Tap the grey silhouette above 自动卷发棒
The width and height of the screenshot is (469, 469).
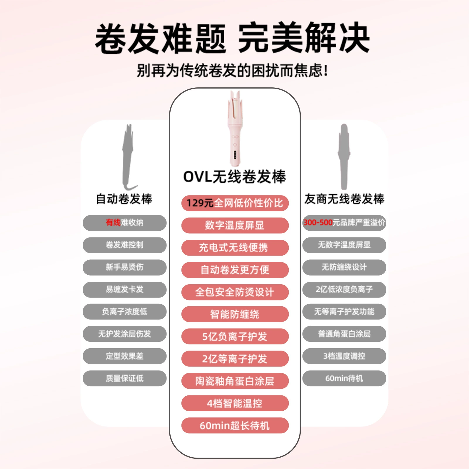point(128,157)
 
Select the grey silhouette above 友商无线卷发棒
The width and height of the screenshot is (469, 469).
point(344,157)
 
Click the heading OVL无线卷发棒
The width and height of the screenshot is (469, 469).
point(235,177)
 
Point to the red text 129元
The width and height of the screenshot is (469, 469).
point(200,203)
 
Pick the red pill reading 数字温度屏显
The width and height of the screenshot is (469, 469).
point(235,225)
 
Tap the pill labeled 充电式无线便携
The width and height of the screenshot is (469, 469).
point(235,248)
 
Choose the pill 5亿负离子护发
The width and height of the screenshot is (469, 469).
point(235,337)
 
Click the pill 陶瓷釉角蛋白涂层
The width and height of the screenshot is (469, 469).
point(235,381)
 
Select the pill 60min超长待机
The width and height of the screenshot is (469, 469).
point(235,426)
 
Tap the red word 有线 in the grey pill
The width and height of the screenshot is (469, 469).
point(113,223)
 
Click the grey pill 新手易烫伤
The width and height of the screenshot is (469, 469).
point(125,267)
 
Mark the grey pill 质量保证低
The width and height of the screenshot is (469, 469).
point(125,378)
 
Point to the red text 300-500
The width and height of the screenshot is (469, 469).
point(318,222)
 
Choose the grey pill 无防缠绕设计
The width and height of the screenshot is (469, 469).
point(344,267)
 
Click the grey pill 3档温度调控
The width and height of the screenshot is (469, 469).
point(344,356)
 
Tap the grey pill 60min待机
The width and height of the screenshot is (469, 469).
point(344,378)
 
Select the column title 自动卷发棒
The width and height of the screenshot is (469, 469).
point(124,199)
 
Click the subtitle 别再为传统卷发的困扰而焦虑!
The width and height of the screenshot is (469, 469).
point(232,71)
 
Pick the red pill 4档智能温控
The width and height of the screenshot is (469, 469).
point(235,403)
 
